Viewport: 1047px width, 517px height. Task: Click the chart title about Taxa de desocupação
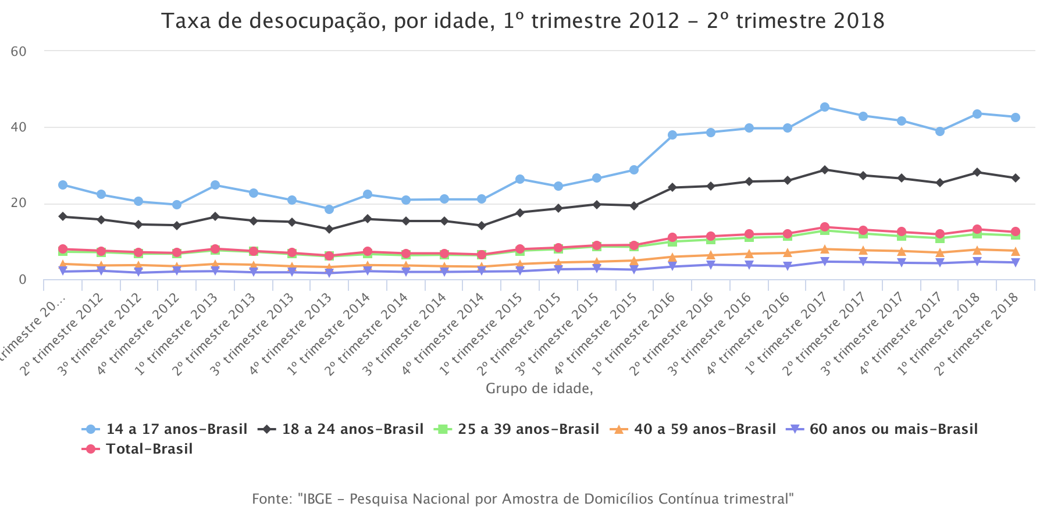click(x=522, y=22)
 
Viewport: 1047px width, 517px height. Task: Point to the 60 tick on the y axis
click(x=19, y=51)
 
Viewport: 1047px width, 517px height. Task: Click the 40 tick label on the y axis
click(x=19, y=127)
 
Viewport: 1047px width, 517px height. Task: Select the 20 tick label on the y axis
click(x=19, y=203)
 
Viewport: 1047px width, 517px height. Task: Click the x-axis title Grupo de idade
click(x=539, y=388)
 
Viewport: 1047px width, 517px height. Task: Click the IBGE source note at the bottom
click(x=522, y=499)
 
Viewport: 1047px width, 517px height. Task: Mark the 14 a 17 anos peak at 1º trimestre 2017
click(x=824, y=107)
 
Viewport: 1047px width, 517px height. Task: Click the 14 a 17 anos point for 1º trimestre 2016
click(x=672, y=135)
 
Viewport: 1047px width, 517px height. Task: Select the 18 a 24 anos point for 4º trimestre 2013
click(x=329, y=229)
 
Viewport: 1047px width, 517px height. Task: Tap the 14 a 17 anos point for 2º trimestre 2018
click(x=1015, y=117)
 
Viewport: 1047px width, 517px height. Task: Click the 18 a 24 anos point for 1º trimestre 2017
click(x=824, y=170)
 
